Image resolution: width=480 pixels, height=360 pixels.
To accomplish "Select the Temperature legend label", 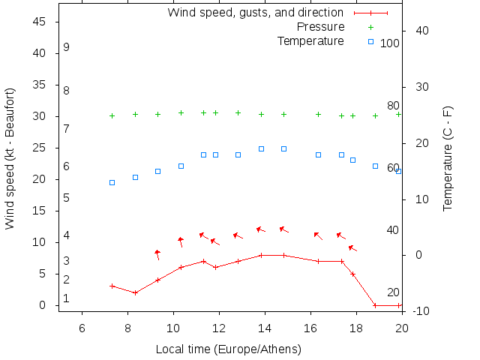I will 310,40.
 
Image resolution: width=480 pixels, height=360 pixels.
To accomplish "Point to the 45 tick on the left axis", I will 40,22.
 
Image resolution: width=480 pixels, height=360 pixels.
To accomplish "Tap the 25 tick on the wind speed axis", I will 40,148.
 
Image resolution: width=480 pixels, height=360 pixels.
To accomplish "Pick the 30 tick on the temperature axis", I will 417,87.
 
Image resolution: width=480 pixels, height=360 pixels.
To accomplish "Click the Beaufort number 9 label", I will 67,47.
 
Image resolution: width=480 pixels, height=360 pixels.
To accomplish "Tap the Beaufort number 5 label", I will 67,198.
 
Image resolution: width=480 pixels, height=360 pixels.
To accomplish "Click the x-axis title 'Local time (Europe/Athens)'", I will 228,349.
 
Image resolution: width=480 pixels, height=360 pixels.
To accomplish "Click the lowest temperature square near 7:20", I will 112,182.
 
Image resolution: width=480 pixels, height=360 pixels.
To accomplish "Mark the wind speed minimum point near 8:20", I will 135,292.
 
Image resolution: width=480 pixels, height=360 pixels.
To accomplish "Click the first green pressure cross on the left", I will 112,115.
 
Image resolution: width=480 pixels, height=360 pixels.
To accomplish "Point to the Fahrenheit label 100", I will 390,43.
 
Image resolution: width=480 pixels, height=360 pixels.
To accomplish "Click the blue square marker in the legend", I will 370,41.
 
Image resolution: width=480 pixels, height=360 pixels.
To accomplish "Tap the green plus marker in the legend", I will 370,27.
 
